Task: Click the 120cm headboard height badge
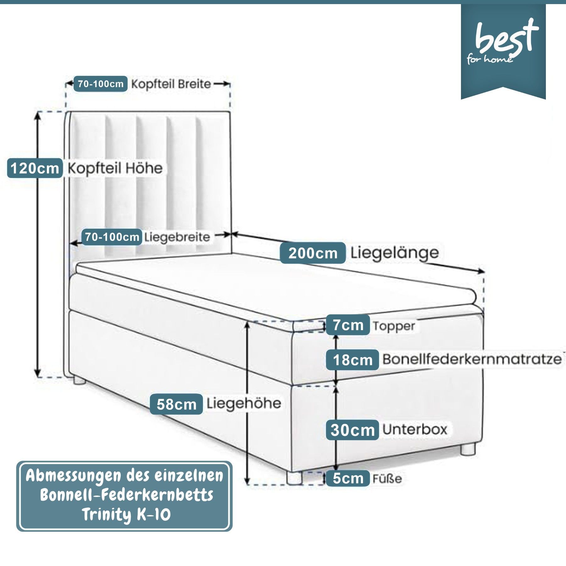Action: [35, 168]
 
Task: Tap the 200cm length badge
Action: [313, 253]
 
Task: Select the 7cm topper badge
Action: [348, 325]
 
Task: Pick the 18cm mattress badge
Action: [352, 360]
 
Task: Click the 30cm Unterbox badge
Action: [352, 430]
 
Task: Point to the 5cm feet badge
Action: [348, 478]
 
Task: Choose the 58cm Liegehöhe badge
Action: [176, 404]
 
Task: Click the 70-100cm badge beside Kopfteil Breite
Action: [101, 84]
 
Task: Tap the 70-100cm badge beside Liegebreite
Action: [112, 237]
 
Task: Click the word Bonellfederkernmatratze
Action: [472, 359]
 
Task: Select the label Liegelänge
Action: [394, 253]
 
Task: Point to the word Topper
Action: [394, 326]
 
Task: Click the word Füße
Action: [387, 479]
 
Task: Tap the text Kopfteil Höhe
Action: [115, 169]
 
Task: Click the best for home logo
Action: [503, 44]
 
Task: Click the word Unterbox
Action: [414, 430]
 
